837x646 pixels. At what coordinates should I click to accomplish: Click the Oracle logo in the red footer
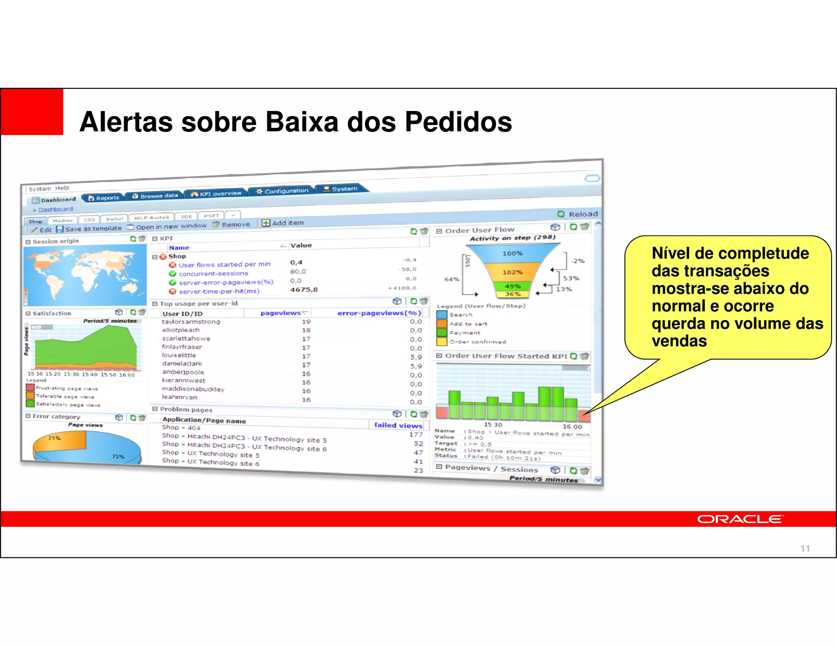[x=740, y=519]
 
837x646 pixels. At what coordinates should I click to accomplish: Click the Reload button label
[x=583, y=214]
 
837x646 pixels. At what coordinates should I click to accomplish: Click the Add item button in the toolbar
[x=287, y=223]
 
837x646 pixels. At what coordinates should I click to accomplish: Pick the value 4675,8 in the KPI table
[x=304, y=290]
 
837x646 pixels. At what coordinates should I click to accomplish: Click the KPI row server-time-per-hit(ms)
[x=219, y=291]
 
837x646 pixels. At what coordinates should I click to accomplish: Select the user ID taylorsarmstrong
[x=191, y=322]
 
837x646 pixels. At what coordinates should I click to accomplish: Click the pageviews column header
[x=281, y=313]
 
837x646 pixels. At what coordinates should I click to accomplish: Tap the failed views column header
[x=398, y=425]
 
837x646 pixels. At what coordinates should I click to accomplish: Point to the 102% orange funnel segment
[x=512, y=272]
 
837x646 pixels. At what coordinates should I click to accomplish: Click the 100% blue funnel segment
[x=512, y=253]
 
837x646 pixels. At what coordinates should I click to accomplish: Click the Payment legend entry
[x=465, y=333]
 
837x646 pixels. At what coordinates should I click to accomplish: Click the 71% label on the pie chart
[x=118, y=457]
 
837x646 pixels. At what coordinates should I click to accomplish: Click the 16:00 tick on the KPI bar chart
[x=572, y=427]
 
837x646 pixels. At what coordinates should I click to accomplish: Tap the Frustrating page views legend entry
[x=67, y=388]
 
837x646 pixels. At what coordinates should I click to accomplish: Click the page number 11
[x=805, y=548]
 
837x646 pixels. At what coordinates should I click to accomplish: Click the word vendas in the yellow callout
[x=679, y=341]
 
